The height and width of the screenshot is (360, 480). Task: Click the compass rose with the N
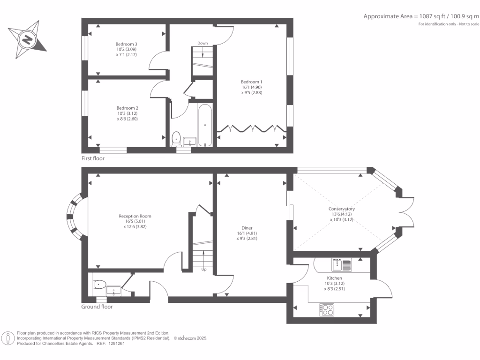tap(28, 39)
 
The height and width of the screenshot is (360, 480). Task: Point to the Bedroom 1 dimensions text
tap(251, 90)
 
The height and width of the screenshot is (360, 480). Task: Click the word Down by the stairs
tap(202, 43)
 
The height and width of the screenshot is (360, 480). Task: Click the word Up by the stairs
tap(203, 270)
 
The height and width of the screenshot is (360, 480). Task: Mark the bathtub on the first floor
tap(205, 125)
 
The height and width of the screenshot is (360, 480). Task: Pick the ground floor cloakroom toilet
tap(99, 285)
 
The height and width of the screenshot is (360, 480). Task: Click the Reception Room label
tap(135, 216)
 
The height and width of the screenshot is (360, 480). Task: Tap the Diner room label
tap(247, 228)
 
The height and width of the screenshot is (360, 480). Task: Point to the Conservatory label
tap(341, 209)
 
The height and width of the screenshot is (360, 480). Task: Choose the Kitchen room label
tap(335, 278)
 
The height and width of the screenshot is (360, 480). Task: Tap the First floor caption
tap(93, 158)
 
